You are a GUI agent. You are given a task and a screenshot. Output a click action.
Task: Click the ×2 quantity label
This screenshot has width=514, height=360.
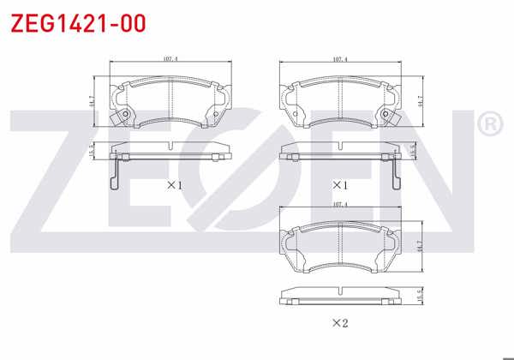click(341, 323)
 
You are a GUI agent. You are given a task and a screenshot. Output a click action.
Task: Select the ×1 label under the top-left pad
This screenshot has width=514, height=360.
click(174, 185)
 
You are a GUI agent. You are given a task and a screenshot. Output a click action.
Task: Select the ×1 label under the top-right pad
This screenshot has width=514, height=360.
click(341, 185)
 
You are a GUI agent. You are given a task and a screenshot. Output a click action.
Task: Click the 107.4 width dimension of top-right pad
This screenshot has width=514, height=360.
click(340, 60)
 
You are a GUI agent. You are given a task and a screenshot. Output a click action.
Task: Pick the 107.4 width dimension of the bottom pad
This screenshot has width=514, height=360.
click(340, 204)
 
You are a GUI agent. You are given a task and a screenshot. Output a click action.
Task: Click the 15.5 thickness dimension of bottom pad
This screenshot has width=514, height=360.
click(420, 294)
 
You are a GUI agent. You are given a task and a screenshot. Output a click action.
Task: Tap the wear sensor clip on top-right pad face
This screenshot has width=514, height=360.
click(391, 117)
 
